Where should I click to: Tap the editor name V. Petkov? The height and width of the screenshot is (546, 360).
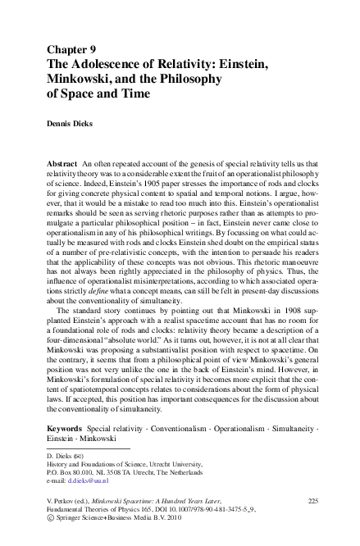click(66, 500)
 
